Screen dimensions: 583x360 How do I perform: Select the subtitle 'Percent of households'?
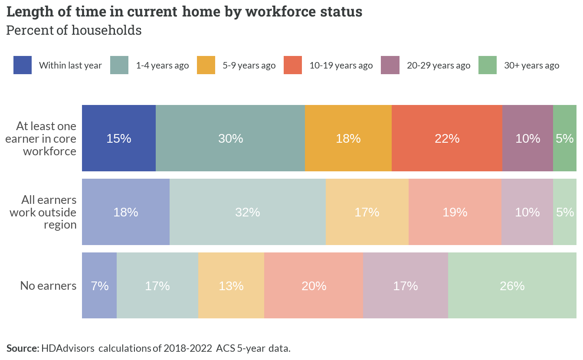[74, 30]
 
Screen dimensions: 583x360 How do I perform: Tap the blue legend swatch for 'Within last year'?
[23, 65]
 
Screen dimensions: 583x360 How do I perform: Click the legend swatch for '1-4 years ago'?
[119, 65]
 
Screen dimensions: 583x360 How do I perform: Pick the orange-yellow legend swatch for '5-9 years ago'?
[206, 65]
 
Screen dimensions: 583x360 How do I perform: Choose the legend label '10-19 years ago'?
[341, 65]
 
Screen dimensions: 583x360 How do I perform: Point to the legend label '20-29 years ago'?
[439, 65]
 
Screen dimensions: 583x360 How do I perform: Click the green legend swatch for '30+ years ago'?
[488, 65]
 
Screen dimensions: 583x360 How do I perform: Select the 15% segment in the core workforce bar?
[119, 138]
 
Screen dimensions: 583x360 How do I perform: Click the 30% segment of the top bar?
[230, 138]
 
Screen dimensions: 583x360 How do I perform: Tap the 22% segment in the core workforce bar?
[447, 138]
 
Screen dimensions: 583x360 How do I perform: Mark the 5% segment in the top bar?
[565, 138]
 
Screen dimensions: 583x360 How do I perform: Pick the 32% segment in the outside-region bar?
[248, 212]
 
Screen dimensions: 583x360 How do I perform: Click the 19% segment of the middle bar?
[455, 212]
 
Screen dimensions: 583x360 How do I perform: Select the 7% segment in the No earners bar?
[99, 285]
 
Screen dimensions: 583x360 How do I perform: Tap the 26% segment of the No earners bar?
[512, 285]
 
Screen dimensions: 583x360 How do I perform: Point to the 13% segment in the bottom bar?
[231, 285]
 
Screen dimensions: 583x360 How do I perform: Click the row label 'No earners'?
[48, 286]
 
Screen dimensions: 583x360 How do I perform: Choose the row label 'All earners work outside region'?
[43, 213]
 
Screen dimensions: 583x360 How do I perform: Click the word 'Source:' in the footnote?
[23, 348]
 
